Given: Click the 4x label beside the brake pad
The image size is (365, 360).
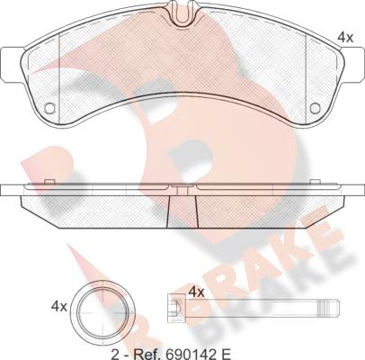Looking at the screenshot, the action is [345, 38].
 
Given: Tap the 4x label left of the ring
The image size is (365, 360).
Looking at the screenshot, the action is [59, 307].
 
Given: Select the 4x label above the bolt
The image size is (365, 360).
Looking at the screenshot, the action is [197, 292].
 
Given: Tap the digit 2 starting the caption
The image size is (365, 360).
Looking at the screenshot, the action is [114, 354].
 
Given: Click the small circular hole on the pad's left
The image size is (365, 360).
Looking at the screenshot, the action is [49, 108].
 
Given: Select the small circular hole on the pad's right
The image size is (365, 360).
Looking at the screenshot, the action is [316, 108].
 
